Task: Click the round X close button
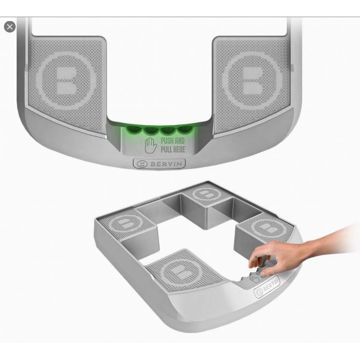pos(10,26)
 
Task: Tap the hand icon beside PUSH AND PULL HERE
pos(151,145)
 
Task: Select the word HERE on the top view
pos(179,149)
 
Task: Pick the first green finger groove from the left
pos(132,129)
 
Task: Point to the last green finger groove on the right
pos(185,129)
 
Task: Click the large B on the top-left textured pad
pos(66,79)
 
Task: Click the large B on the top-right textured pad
pos(252,79)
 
